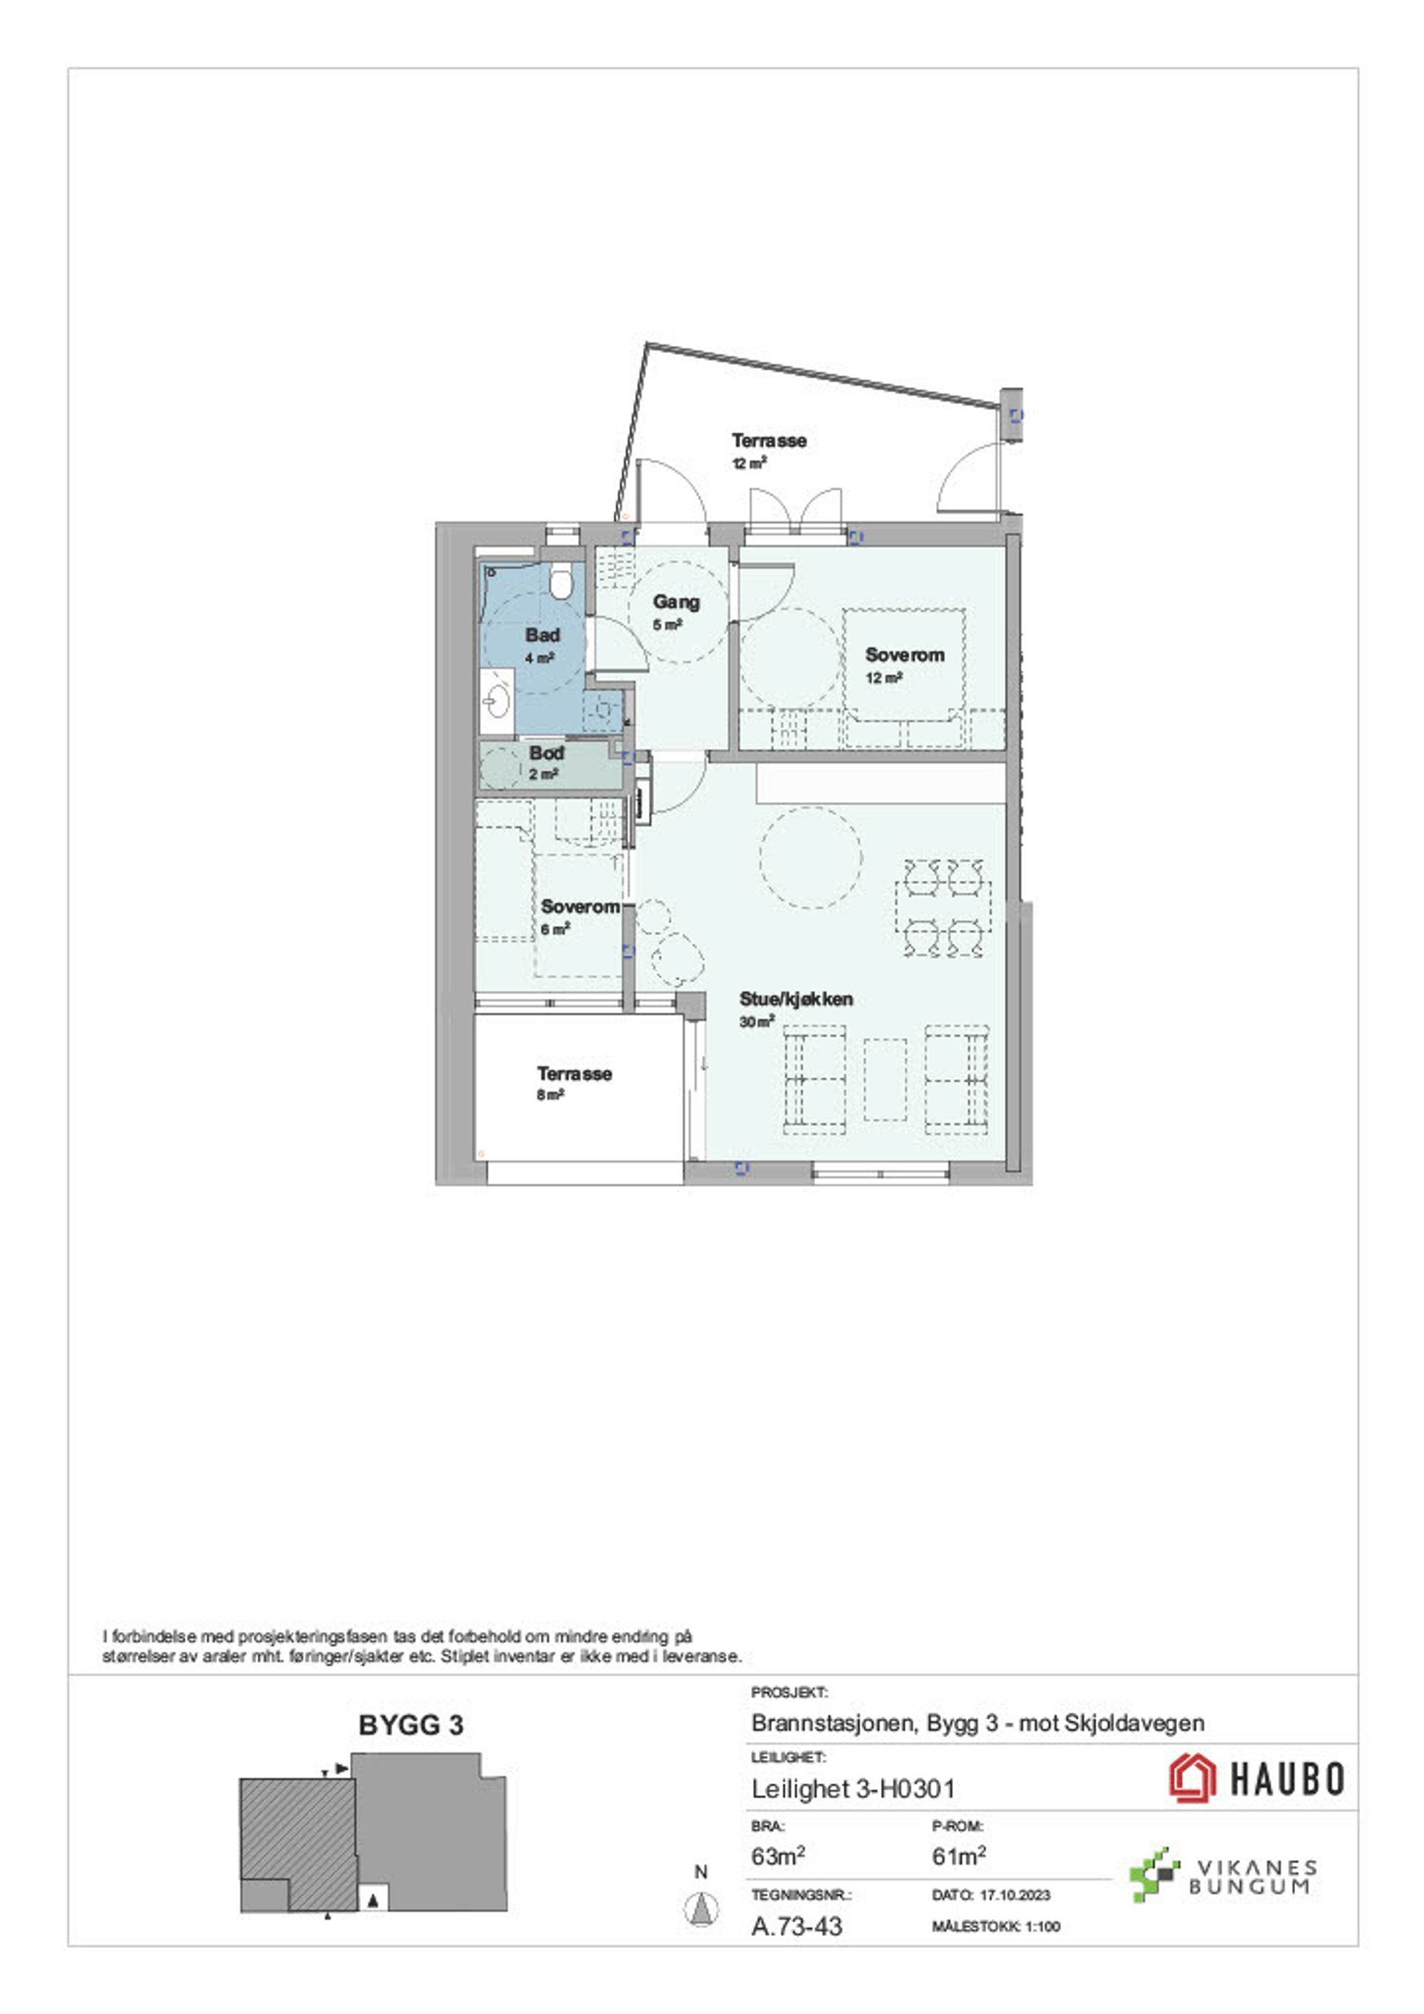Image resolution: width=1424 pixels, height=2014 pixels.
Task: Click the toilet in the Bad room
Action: (561, 581)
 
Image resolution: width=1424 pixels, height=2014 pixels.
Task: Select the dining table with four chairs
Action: (943, 908)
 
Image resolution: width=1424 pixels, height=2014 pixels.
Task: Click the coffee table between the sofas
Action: (886, 1080)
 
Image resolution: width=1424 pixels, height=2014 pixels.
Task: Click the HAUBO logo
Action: (1256, 1778)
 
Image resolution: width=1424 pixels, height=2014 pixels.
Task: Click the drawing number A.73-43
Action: (797, 1926)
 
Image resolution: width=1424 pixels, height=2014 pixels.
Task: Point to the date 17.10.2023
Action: (1015, 1895)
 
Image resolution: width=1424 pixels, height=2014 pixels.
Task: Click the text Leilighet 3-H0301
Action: (853, 1789)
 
